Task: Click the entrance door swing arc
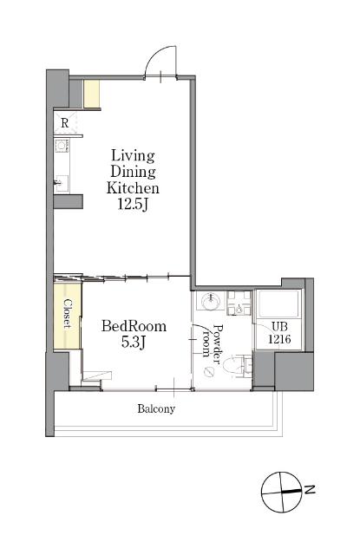coord(153,55)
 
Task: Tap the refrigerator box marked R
coord(65,122)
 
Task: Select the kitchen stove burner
coord(62,146)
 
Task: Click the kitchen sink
coord(62,183)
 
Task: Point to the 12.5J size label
coord(133,205)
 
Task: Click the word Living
coord(133,156)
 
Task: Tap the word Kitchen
coord(133,188)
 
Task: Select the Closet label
coord(68,313)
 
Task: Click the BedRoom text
coord(134,326)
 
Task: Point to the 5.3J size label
coord(134,342)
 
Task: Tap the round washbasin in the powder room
coord(211,301)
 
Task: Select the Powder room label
coord(212,341)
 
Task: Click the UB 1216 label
coord(279,333)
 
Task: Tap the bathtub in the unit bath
coord(278,304)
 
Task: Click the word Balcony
coord(156,408)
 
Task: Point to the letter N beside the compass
coord(310,490)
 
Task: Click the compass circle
coord(282,492)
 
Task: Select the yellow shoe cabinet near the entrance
coord(91,95)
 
